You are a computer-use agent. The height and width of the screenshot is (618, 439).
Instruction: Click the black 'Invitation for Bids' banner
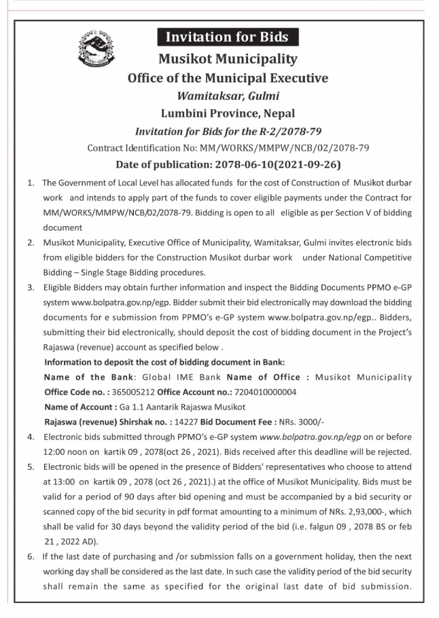click(228, 37)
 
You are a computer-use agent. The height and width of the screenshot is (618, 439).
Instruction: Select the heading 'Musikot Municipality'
click(228, 59)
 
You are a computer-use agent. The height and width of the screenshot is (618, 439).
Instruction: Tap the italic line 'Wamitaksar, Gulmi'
click(228, 96)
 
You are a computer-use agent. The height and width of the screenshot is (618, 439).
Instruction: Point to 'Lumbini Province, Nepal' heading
click(228, 113)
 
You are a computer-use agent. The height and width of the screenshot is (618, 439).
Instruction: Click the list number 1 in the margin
click(30, 183)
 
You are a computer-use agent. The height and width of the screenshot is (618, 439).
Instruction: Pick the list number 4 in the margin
click(30, 437)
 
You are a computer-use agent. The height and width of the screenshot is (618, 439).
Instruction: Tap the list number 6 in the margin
click(30, 557)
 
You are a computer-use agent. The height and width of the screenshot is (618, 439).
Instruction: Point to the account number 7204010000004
click(266, 392)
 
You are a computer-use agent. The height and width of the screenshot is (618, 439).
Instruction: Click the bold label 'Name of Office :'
click(264, 377)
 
